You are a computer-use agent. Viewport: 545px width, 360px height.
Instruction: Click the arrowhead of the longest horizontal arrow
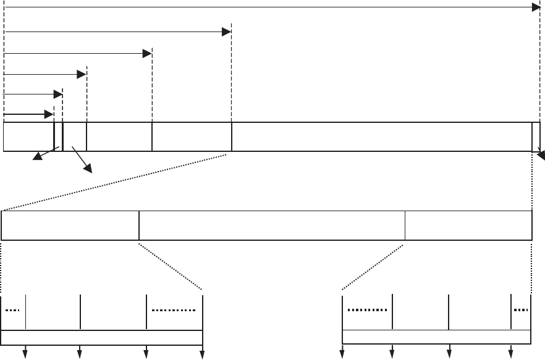click(536, 7)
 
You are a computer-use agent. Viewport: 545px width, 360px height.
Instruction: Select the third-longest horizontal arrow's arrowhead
click(147, 54)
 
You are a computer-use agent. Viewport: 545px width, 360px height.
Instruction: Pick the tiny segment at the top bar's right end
click(536, 137)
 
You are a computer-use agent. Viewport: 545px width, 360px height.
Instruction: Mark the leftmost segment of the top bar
click(28, 137)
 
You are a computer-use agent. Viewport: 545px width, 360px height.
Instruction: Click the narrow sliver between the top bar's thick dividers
click(58, 137)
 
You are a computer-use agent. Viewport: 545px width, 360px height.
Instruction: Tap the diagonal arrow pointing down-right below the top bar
click(87, 168)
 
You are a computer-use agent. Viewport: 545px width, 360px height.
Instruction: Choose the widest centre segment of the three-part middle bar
click(272, 225)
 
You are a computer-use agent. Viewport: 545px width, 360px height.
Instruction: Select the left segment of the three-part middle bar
click(70, 225)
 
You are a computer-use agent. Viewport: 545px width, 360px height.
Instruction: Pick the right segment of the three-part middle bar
click(468, 225)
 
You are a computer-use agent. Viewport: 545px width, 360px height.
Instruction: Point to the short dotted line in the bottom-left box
click(12, 310)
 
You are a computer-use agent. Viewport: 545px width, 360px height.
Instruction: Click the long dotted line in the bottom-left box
click(174, 310)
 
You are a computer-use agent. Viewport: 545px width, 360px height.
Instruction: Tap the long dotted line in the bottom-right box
click(367, 310)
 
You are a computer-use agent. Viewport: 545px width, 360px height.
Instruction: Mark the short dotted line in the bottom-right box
click(521, 310)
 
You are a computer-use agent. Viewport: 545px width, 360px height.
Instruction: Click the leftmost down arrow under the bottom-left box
click(25, 353)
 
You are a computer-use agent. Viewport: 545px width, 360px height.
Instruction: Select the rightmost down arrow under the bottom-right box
click(510, 353)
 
